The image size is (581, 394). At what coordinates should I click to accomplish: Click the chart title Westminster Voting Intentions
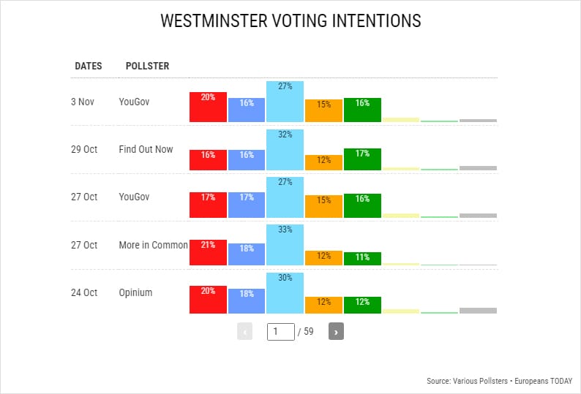point(290,20)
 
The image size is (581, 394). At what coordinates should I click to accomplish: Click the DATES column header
point(89,66)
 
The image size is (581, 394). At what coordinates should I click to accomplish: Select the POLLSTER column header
point(147,66)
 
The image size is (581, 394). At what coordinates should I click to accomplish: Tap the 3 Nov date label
point(83,102)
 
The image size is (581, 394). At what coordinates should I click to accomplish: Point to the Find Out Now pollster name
point(146,149)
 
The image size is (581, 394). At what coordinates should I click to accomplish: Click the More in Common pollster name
point(153,245)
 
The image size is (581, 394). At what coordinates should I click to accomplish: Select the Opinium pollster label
point(135,292)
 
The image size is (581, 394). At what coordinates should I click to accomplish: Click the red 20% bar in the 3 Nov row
point(208,107)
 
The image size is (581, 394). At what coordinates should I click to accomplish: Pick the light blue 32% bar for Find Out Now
point(285,149)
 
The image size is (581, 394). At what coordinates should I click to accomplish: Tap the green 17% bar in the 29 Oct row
point(361,159)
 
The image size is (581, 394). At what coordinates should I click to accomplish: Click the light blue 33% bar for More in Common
point(285,244)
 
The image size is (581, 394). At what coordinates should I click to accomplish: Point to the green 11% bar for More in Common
point(361,258)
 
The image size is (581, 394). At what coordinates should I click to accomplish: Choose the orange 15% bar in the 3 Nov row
point(323,110)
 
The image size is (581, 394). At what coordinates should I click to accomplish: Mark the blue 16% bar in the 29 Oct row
point(247,159)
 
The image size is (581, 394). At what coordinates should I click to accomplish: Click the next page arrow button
point(336,331)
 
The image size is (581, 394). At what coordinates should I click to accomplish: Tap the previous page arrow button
point(245,331)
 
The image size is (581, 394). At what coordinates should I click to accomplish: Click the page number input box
point(280,331)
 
